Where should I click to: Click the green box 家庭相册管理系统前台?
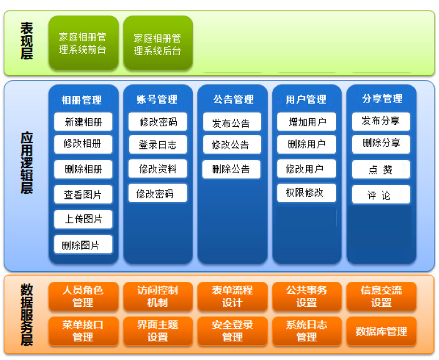82,43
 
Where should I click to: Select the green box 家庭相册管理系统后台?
157,44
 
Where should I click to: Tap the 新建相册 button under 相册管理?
83,122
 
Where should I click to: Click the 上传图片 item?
83,219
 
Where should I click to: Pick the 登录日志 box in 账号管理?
157,145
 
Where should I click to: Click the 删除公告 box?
231,169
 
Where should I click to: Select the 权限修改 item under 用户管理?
306,192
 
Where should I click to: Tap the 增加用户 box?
306,122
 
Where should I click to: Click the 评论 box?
380,195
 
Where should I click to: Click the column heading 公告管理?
233,99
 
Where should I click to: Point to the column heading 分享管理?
382,99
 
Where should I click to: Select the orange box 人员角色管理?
83,296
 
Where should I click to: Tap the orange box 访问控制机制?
157,296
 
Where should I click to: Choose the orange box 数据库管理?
381,331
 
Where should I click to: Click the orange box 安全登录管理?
232,331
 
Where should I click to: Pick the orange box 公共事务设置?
307,296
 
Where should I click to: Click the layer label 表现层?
26,41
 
